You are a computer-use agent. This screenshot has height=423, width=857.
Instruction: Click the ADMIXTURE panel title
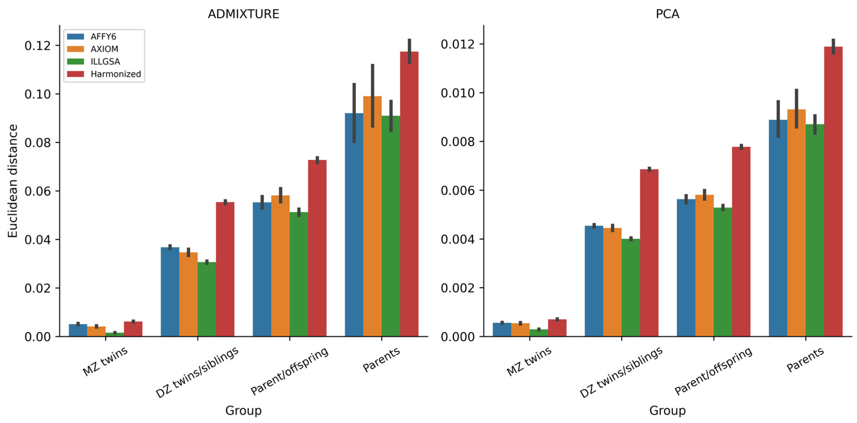tap(243, 14)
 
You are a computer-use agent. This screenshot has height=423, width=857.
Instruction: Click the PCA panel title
tap(667, 14)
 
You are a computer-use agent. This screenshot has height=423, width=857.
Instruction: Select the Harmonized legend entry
tap(116, 74)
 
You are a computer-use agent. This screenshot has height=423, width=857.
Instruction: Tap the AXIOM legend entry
tap(104, 49)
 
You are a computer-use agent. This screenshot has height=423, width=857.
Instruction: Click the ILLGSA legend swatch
tap(75, 61)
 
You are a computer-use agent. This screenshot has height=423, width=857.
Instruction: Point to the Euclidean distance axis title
tap(13, 181)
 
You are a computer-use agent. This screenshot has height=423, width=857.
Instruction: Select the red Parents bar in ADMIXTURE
tap(409, 200)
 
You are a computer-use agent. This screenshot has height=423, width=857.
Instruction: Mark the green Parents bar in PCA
tap(815, 233)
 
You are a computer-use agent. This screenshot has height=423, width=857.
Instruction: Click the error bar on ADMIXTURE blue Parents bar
tap(354, 113)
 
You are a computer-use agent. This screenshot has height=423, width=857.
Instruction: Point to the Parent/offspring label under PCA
tap(713, 372)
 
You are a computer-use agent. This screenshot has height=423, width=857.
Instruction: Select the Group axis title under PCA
tap(667, 410)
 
